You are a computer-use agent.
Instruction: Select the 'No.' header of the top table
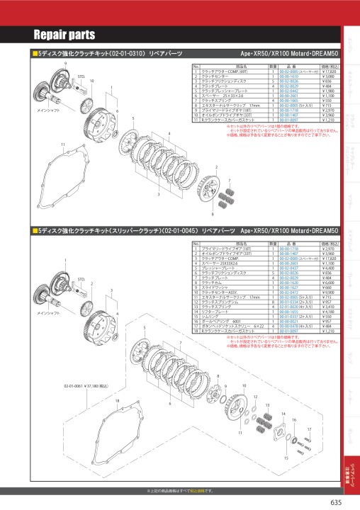point(196,67)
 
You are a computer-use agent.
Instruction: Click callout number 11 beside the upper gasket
point(43,144)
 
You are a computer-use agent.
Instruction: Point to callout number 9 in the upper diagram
point(66,64)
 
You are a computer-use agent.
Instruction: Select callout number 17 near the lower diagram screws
point(310,429)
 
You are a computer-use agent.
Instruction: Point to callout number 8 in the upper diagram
point(213,212)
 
